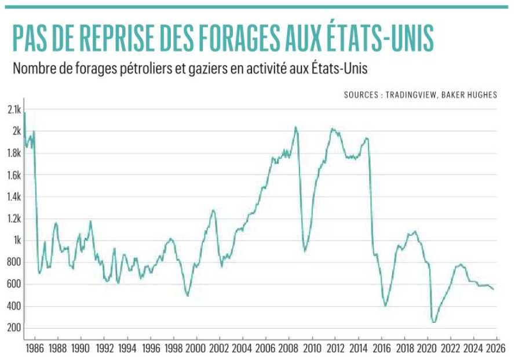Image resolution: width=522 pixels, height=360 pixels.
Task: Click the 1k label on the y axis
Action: [16, 241]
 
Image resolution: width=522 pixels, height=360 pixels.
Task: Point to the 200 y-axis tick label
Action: [14, 328]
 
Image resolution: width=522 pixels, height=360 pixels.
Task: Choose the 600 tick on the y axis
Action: [14, 284]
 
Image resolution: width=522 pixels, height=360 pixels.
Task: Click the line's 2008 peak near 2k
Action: [295, 127]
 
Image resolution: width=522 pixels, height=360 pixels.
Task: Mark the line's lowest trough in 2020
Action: [433, 322]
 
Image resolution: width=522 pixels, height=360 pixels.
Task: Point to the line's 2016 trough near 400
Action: [386, 306]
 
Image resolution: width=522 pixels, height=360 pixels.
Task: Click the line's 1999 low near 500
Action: [187, 296]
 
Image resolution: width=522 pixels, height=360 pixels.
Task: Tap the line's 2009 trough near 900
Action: [305, 251]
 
